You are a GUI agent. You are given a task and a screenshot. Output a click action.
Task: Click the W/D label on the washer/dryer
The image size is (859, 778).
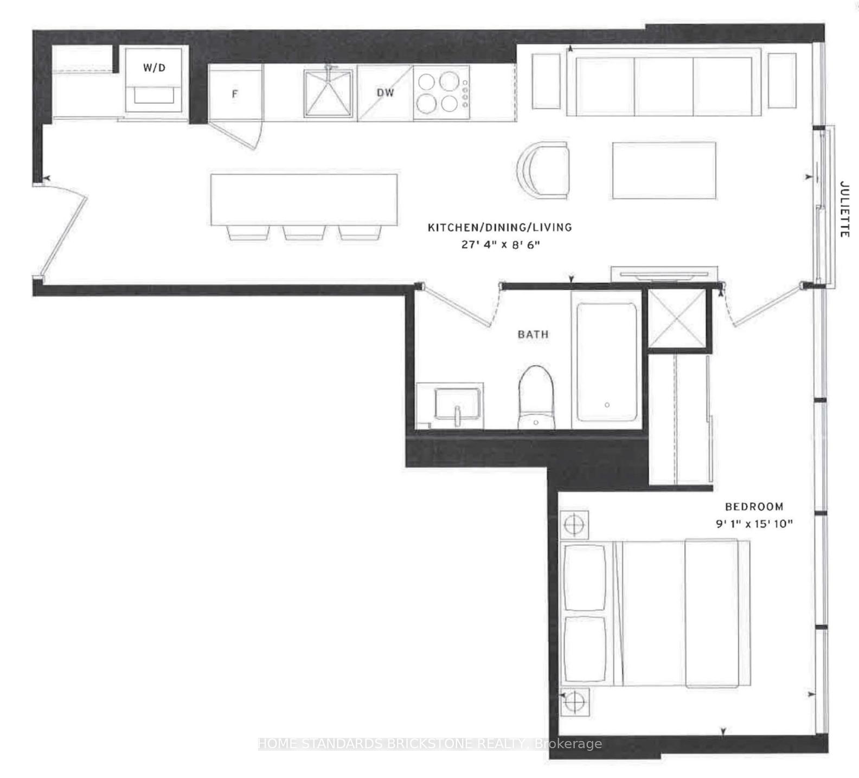click(154, 68)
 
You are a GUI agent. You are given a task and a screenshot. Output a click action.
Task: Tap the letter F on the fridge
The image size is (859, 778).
click(235, 94)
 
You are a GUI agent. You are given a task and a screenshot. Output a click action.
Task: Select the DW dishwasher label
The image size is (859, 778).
click(385, 93)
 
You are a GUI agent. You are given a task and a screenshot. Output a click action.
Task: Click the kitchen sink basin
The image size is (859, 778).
click(328, 93)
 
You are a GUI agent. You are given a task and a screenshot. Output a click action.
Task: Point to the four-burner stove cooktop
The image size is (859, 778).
click(441, 92)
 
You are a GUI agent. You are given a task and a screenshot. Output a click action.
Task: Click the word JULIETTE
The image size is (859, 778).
click(844, 209)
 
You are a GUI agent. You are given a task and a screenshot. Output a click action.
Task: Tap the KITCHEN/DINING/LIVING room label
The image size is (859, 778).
click(500, 227)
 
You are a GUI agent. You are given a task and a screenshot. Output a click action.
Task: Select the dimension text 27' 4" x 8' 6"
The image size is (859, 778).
click(501, 245)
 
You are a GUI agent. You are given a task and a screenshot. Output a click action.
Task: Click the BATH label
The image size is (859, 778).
click(533, 334)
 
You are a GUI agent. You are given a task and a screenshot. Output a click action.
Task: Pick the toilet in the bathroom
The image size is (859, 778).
click(536, 397)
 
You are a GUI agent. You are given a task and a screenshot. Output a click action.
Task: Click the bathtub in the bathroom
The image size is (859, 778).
click(607, 362)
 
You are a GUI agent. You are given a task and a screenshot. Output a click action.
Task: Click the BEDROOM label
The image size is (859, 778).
click(754, 507)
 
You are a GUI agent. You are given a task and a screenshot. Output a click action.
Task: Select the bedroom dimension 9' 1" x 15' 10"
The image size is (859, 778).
click(754, 524)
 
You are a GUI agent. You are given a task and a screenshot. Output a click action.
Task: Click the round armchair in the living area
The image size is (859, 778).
click(543, 170)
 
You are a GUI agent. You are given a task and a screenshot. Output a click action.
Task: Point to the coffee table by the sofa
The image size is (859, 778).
click(664, 170)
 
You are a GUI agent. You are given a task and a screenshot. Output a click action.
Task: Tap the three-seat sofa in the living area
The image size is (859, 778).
click(664, 81)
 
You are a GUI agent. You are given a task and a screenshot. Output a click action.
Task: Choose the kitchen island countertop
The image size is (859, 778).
click(304, 199)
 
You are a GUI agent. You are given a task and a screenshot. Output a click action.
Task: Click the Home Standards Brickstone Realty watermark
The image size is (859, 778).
click(429, 744)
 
